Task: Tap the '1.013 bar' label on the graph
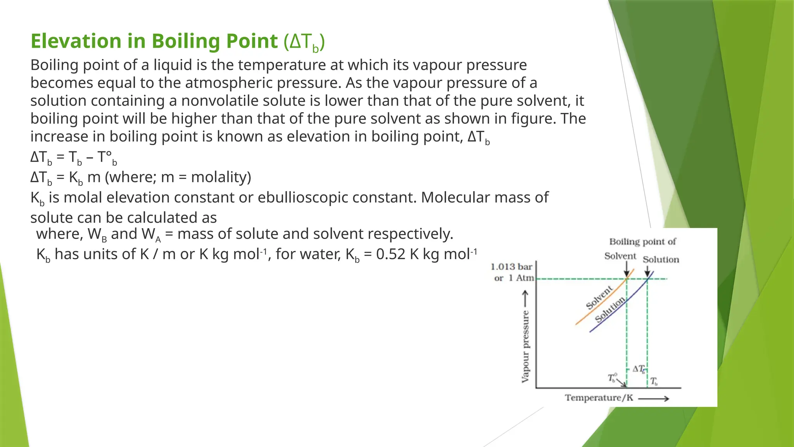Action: point(511,267)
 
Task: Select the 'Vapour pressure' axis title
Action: point(525,346)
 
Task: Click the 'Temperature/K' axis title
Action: point(599,398)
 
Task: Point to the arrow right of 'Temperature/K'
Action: point(654,398)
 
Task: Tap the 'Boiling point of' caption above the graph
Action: point(642,242)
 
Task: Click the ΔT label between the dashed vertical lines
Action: point(639,369)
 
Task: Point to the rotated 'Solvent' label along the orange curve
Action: point(599,297)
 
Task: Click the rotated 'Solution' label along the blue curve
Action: point(610,309)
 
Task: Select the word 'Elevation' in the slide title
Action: point(76,41)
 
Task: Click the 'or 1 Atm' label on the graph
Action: point(514,278)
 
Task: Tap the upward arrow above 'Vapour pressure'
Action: point(525,298)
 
